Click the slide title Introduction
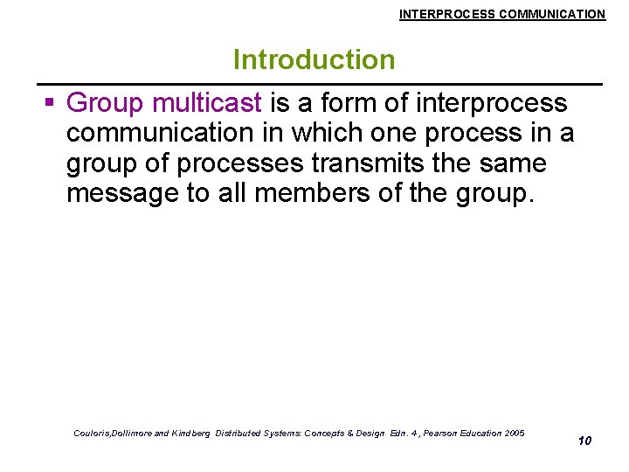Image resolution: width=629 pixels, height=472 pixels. point(314,60)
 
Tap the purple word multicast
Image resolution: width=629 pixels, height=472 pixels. point(206,103)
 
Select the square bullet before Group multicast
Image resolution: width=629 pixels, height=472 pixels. point(49,103)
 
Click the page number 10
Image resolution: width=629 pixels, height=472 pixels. point(584,440)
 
